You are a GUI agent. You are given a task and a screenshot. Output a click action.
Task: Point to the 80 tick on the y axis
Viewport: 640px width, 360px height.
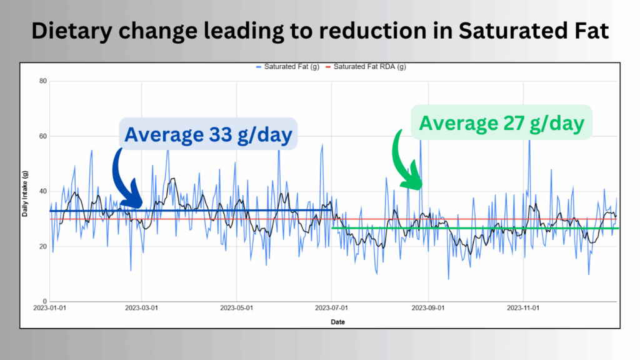coord(43,81)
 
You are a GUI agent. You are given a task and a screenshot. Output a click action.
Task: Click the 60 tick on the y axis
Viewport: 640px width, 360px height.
coord(43,136)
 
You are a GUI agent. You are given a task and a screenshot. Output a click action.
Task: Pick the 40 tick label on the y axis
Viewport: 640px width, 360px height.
coord(43,191)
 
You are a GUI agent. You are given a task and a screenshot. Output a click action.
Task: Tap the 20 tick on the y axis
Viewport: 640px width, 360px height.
coord(43,246)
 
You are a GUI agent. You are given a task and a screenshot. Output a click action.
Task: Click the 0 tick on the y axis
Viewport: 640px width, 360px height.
coord(45,301)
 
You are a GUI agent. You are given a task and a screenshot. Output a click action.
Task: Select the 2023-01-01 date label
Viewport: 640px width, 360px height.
coord(49,308)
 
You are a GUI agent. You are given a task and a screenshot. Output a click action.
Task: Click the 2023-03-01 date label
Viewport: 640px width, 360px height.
coord(142,308)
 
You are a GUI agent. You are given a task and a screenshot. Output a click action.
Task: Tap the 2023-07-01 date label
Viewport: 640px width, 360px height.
coord(332,308)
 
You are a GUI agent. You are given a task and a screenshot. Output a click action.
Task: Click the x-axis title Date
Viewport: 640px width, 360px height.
coord(338,322)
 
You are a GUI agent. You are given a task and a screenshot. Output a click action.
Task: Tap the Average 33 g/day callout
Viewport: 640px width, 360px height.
coord(208,134)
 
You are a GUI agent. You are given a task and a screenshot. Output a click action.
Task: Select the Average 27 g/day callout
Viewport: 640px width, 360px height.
coord(501,122)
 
